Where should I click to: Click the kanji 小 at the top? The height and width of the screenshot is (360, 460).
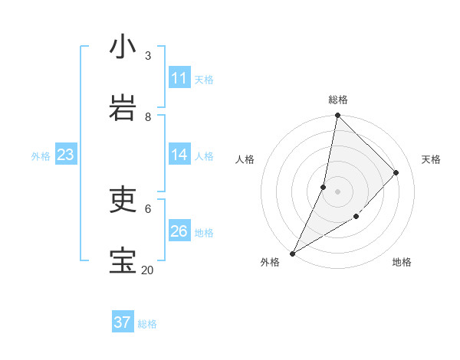(123, 47)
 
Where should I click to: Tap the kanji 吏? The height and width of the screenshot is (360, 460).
(123, 200)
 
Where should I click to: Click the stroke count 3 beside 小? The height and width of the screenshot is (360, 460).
(148, 55)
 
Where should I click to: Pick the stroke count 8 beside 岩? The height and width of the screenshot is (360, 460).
(148, 116)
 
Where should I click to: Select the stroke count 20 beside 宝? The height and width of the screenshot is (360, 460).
(147, 270)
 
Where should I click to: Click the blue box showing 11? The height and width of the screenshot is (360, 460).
(179, 78)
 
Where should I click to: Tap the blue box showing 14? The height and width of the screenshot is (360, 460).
(179, 155)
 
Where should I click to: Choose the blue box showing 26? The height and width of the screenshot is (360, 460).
(179, 231)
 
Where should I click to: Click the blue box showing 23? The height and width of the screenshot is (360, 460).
(65, 155)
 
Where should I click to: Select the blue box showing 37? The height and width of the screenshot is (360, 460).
(123, 322)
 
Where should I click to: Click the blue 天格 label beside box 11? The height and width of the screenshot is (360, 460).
(204, 79)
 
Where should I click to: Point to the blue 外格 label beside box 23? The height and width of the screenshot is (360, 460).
(41, 155)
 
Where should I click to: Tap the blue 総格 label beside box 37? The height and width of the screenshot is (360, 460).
(147, 324)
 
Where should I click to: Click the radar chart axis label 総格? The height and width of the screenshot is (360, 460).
(337, 100)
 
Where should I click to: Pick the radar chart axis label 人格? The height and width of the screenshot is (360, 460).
(245, 159)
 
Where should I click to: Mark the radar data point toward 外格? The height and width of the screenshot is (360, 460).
(292, 254)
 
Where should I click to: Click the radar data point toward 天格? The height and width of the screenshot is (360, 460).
(396, 172)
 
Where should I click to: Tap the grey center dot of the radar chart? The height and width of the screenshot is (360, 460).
(337, 191)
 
